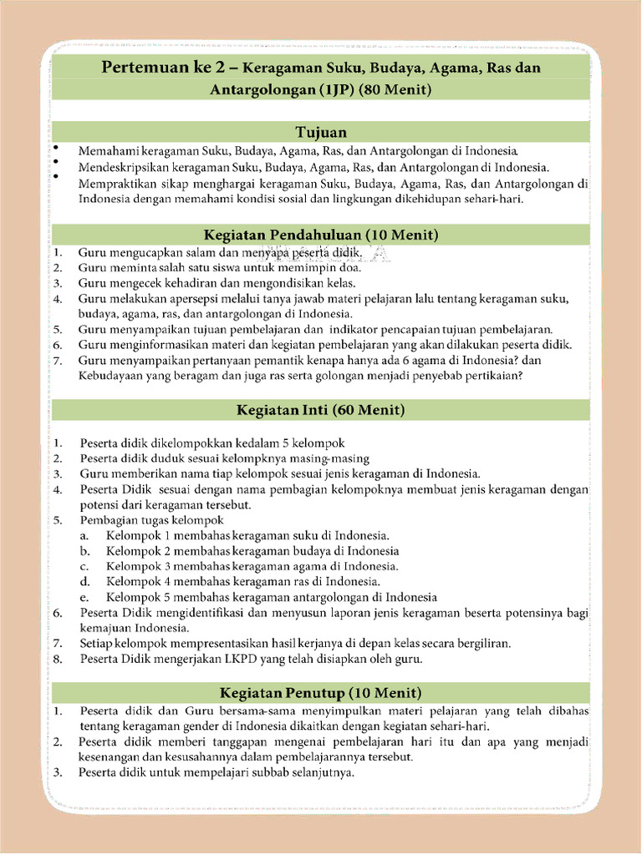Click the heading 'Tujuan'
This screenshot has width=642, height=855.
[321, 132]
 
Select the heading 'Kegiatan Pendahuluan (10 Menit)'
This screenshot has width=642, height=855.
[321, 234]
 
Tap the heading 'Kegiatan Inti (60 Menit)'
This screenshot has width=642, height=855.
[321, 410]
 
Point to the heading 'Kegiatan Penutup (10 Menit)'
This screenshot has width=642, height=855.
[321, 692]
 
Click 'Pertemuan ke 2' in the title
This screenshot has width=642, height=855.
[155, 67]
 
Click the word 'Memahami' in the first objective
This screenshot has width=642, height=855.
[105, 152]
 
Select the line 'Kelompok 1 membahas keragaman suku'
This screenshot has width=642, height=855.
[248, 535]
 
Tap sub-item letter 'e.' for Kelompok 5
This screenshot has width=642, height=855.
[85, 597]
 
